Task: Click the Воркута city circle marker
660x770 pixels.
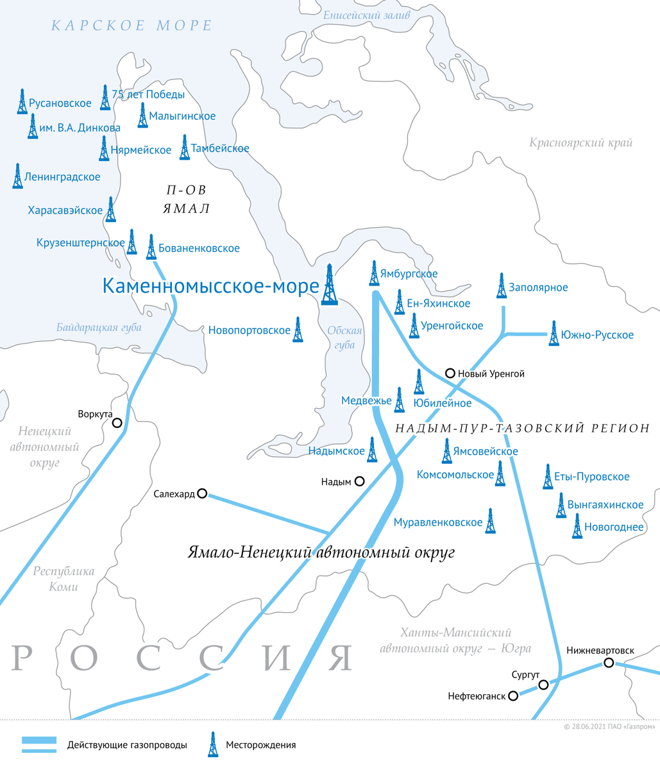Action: click(x=117, y=423)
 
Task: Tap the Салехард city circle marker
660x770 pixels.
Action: click(x=202, y=493)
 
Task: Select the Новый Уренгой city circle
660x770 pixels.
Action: click(x=450, y=373)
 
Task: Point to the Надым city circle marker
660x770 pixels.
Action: click(x=360, y=481)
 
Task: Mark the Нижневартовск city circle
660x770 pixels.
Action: click(x=608, y=663)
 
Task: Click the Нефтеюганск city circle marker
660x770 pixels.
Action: click(x=512, y=696)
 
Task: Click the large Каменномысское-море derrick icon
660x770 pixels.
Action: click(x=330, y=284)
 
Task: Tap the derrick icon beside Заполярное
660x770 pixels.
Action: click(x=502, y=286)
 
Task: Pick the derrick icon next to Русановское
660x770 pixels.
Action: click(x=22, y=101)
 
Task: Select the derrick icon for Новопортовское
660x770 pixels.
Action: click(x=298, y=329)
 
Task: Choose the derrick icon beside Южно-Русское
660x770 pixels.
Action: click(x=554, y=334)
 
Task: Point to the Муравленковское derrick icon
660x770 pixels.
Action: click(x=491, y=521)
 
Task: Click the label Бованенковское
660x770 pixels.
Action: click(x=199, y=248)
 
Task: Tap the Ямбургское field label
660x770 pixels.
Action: click(x=409, y=274)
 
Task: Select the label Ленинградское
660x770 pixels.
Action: click(x=63, y=176)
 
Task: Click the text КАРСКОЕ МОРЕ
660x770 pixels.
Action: click(x=131, y=26)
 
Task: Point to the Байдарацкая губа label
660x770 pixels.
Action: click(x=99, y=328)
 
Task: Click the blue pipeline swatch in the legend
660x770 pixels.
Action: click(x=39, y=744)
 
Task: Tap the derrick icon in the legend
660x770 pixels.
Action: click(x=212, y=744)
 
